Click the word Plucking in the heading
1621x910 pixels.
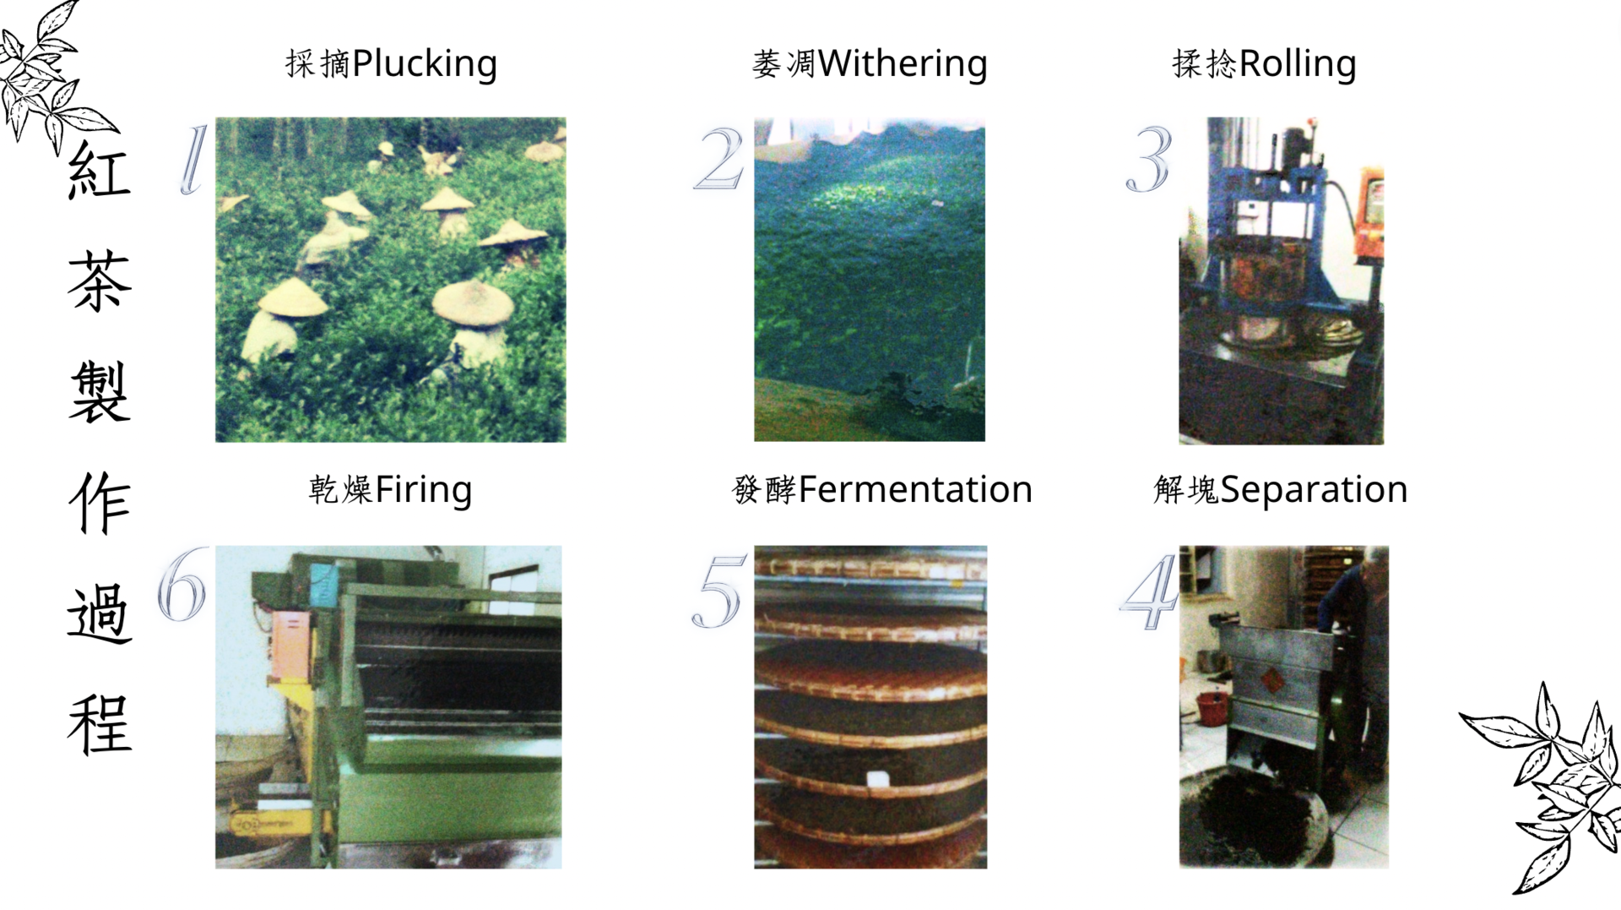pos(425,64)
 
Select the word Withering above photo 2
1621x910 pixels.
pos(903,64)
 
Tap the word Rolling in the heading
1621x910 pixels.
pos(1298,64)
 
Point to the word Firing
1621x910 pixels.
pos(423,490)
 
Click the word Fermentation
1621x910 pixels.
pos(915,489)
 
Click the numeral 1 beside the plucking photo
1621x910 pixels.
pos(193,160)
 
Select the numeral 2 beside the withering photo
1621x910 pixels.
pos(719,158)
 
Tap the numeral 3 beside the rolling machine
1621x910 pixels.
pos(1149,159)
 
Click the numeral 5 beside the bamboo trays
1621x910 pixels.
pos(718,591)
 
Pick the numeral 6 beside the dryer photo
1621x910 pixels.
pos(182,584)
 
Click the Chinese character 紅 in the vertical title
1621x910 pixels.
pos(99,170)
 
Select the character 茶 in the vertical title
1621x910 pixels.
pos(100,281)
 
